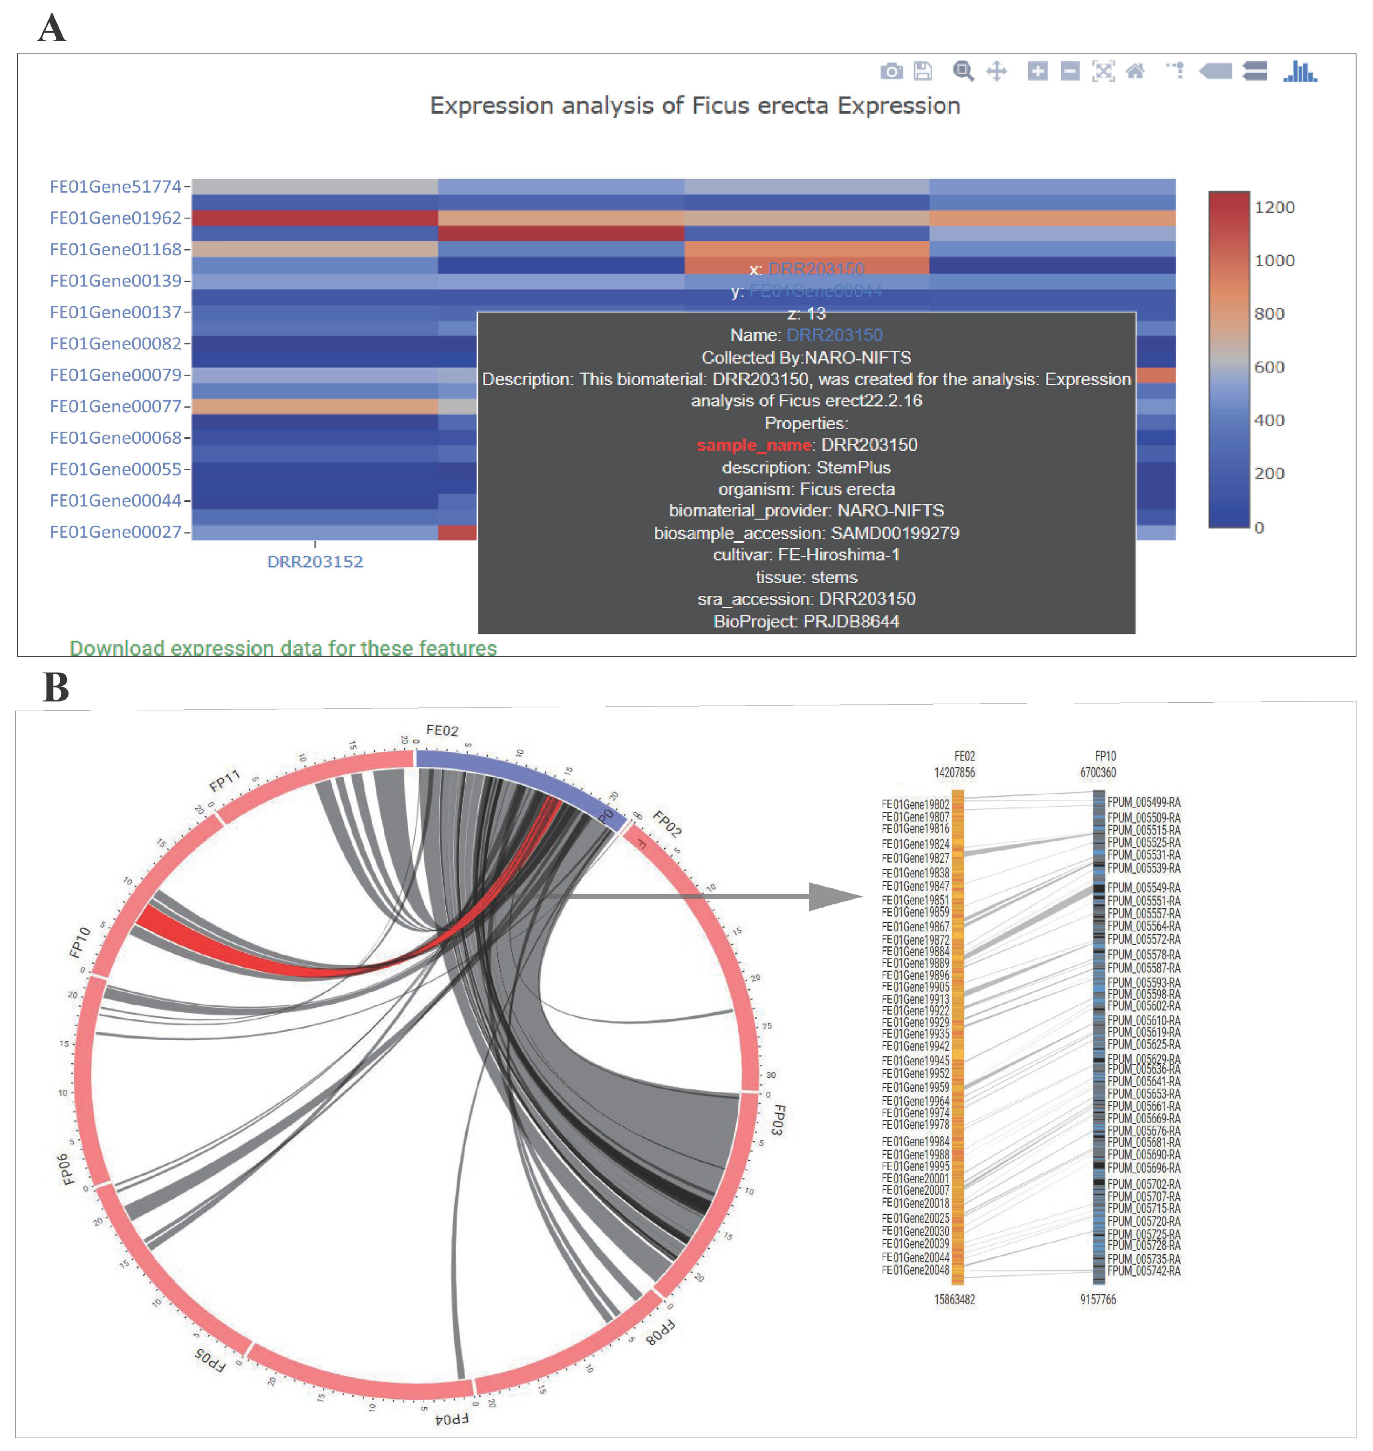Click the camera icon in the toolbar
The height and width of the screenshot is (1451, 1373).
point(891,71)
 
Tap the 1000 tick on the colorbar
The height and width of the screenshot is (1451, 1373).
point(1274,261)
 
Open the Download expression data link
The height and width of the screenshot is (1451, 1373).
point(283,648)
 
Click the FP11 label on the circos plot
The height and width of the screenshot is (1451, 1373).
point(225,781)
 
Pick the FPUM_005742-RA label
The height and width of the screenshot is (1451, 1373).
point(1143,1271)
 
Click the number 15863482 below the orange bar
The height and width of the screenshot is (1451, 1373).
point(954,1300)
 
